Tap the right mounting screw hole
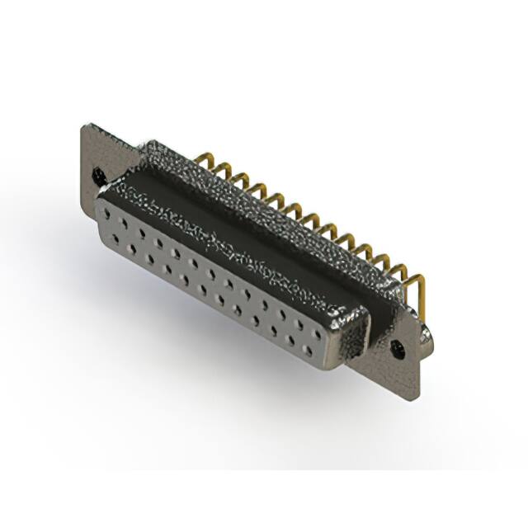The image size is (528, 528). [x=399, y=347]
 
